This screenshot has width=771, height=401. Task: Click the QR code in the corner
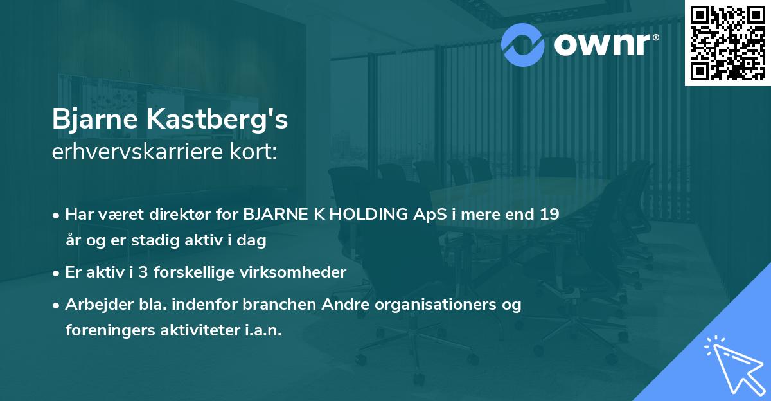pos(727,42)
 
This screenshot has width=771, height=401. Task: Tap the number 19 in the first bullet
pos(549,215)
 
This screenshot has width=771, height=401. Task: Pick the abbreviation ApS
pos(430,215)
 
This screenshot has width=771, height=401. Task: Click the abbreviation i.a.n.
pos(260,330)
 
